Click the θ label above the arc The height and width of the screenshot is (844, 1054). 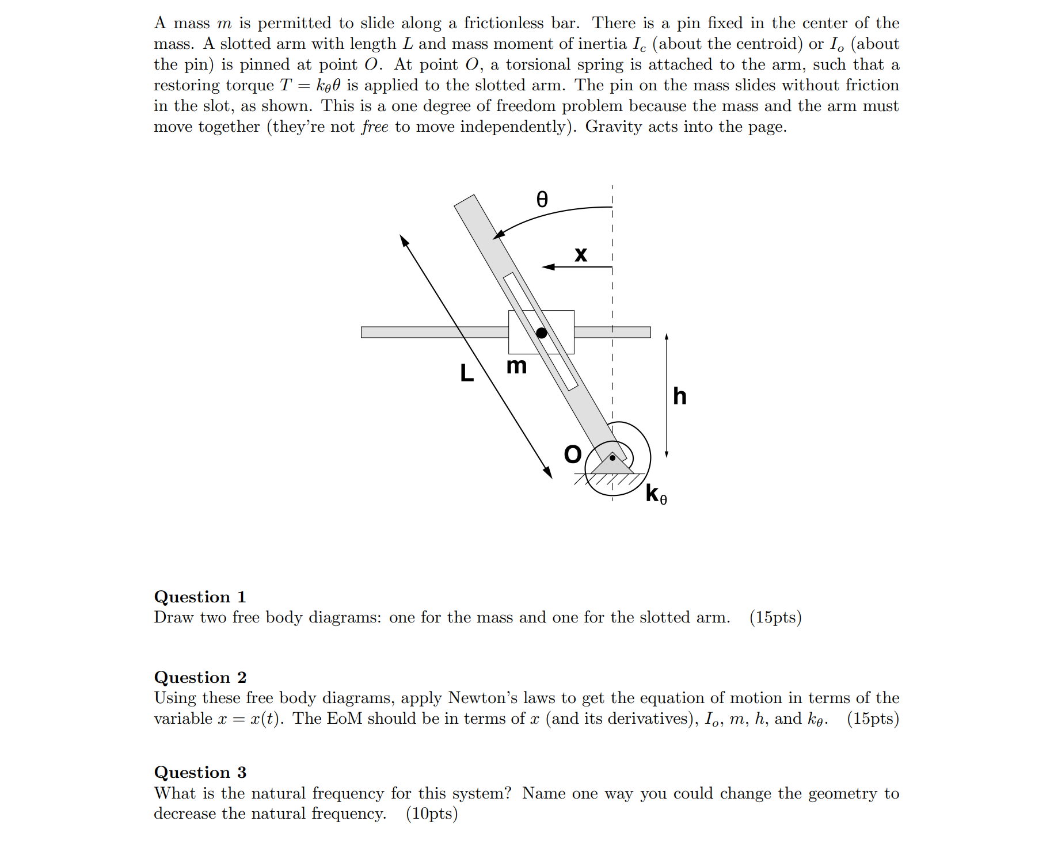click(542, 199)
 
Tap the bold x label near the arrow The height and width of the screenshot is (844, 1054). click(581, 254)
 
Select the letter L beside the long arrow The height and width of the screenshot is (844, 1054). click(467, 373)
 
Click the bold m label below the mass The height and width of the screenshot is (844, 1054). click(516, 365)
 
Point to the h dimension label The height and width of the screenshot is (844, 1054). click(679, 396)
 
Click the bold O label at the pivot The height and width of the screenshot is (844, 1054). click(573, 455)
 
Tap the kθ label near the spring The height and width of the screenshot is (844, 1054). click(656, 494)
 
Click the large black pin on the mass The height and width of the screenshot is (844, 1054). click(541, 333)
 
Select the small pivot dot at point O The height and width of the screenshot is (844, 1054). click(612, 458)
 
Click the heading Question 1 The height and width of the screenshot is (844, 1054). click(200, 597)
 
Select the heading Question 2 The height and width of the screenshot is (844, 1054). click(200, 677)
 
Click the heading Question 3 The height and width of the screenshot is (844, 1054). click(200, 772)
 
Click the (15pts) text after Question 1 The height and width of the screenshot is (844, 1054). click(775, 617)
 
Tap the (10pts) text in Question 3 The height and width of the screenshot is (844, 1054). click(432, 814)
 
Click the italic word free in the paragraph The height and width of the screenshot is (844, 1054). click(375, 127)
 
